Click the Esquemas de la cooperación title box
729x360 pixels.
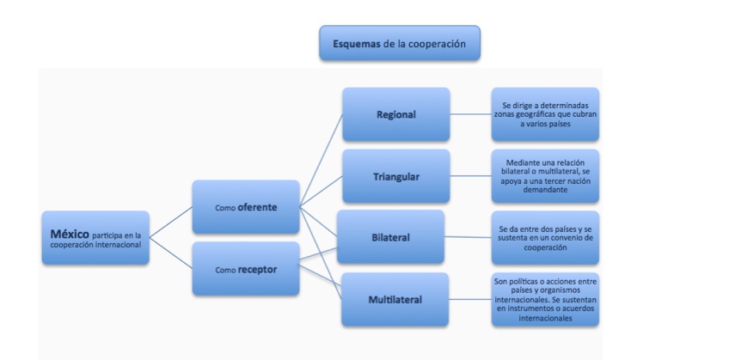click(399, 42)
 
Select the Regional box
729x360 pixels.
click(395, 114)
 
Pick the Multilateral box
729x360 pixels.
click(395, 300)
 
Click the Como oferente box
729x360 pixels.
click(245, 206)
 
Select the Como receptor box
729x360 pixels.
click(245, 268)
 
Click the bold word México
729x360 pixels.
click(70, 233)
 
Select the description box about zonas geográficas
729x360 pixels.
click(545, 114)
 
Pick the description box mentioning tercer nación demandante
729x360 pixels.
click(545, 175)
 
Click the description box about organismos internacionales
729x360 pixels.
click(545, 300)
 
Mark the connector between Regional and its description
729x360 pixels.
click(470, 114)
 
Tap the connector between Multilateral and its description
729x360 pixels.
click(470, 300)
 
